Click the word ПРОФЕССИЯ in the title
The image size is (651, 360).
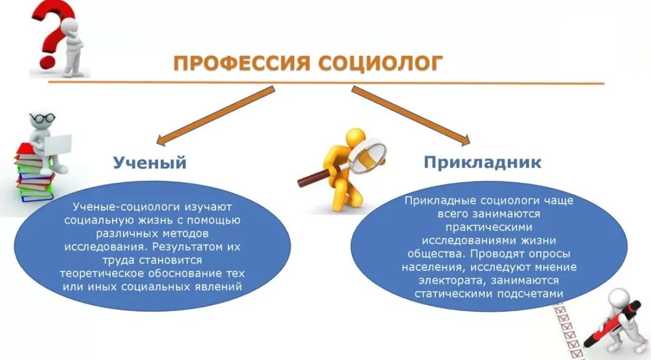point(240,63)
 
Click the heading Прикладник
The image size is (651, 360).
point(482,163)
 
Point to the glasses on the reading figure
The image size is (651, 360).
point(42,118)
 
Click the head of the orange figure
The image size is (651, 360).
point(355,137)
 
